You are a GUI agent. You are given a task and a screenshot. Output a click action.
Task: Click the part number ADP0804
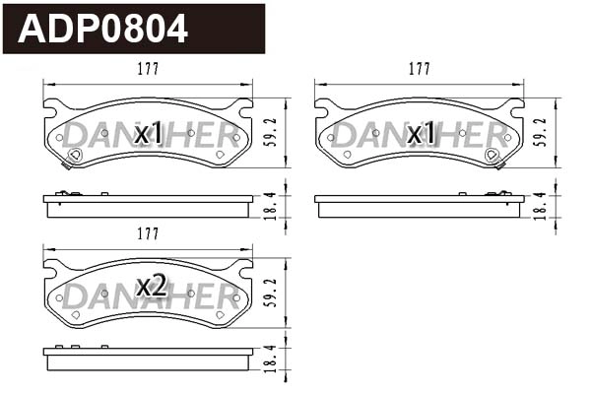[x=103, y=30]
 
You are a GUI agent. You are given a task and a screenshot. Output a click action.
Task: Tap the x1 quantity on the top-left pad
[x=149, y=133]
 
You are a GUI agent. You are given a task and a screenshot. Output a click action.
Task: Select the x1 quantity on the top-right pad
[x=421, y=133]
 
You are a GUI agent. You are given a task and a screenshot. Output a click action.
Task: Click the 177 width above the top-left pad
[x=148, y=69]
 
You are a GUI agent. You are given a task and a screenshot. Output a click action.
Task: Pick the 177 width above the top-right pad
[x=420, y=69]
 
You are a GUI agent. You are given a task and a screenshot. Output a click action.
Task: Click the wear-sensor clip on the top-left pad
[x=75, y=154]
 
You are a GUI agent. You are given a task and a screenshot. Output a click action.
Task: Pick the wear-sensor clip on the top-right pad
[x=492, y=155]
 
